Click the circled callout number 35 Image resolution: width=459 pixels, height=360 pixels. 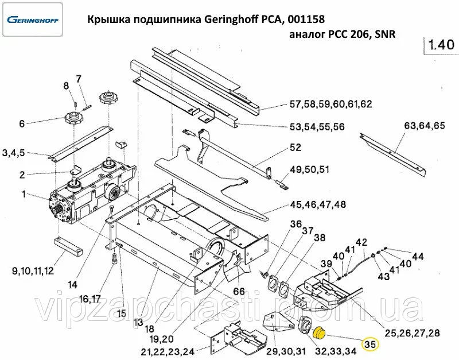tap(371, 345)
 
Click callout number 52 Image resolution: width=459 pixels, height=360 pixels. tap(295, 148)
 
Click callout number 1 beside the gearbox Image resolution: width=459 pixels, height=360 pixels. tap(24, 195)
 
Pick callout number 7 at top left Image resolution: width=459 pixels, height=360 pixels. tap(79, 79)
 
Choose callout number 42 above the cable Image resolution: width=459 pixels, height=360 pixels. tap(361, 242)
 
